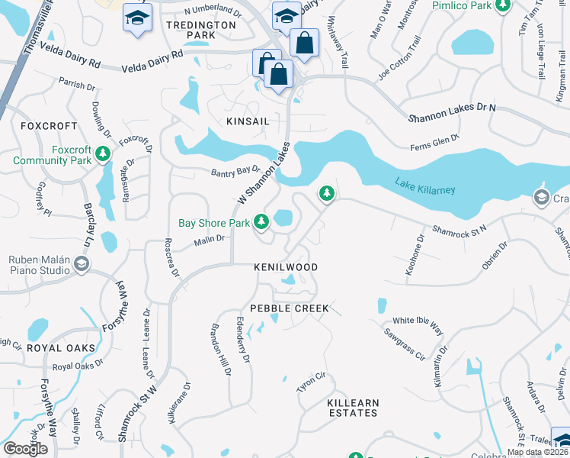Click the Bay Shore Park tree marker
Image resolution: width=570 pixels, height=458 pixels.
(262, 222)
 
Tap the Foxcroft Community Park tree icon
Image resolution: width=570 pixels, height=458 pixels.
(104, 155)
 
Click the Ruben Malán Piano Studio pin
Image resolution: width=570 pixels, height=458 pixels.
(81, 264)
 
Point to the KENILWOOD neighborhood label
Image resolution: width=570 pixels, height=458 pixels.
(285, 267)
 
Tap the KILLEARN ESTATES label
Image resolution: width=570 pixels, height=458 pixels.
(352, 407)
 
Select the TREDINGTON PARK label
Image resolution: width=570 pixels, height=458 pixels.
(200, 31)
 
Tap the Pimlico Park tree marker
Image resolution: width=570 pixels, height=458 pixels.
(502, 7)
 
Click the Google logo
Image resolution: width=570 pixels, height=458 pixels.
(25, 449)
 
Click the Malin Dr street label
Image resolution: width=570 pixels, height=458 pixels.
(209, 239)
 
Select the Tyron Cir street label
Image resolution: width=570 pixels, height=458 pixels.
(311, 382)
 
